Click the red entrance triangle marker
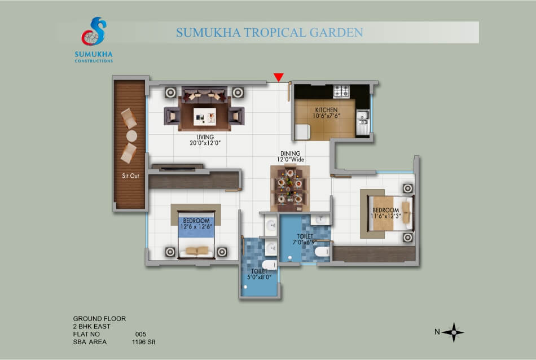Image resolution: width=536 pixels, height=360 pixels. (279, 77)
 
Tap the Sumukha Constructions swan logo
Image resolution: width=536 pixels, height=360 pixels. (94, 32)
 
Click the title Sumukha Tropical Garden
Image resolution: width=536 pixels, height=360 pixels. (269, 33)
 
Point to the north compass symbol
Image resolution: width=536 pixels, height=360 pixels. (453, 332)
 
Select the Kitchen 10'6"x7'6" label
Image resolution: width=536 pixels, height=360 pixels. (326, 113)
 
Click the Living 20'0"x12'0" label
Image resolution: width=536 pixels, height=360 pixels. (205, 140)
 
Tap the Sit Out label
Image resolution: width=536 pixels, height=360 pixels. (130, 175)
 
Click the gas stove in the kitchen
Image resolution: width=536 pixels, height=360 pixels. (341, 91)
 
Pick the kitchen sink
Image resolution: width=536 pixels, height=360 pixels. (362, 118)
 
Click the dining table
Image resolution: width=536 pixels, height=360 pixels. (290, 188)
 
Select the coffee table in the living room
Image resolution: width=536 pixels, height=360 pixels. (204, 117)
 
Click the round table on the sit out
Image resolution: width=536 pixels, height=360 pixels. (131, 136)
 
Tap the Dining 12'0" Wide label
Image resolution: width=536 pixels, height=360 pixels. (290, 156)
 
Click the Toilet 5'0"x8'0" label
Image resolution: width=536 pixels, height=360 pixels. (259, 274)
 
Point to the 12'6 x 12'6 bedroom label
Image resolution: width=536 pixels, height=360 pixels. (196, 223)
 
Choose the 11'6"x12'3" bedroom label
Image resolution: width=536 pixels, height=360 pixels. (385, 213)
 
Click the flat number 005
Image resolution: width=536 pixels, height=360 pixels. (140, 335)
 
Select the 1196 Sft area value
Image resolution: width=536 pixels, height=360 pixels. (143, 342)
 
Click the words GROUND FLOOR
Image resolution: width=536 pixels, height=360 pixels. (99, 319)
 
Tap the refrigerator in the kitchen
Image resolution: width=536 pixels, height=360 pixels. (302, 132)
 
